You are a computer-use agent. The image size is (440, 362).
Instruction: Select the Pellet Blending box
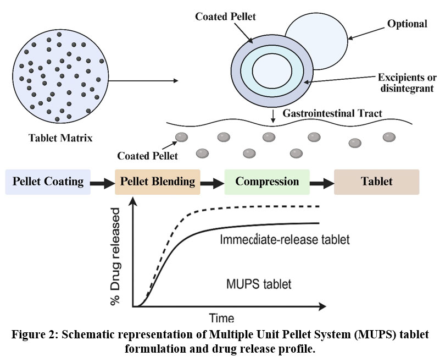(158, 182)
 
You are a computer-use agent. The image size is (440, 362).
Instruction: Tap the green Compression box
(267, 182)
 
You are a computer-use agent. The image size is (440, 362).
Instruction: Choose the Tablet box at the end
(376, 182)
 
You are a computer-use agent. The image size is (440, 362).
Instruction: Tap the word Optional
(406, 24)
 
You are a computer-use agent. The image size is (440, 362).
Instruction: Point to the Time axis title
(221, 318)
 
